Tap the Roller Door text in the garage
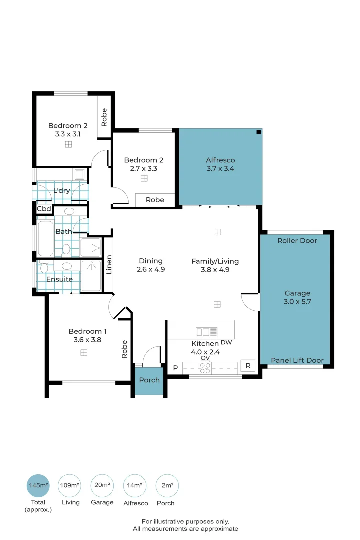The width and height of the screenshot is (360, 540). click(x=297, y=240)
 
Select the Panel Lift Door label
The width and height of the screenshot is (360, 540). click(x=297, y=360)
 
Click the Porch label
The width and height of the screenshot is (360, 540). click(x=149, y=380)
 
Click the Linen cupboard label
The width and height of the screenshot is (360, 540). click(x=109, y=265)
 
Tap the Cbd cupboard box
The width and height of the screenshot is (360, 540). click(x=44, y=209)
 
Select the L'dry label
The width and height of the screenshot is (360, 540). click(x=62, y=191)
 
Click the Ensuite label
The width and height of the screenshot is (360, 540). click(x=59, y=279)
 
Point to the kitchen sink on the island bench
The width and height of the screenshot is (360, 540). click(x=206, y=332)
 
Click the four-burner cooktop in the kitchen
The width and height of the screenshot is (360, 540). click(x=205, y=368)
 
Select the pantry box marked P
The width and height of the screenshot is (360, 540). click(x=175, y=368)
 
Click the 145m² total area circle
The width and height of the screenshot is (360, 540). click(x=38, y=485)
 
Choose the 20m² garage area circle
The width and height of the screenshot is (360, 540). click(x=102, y=485)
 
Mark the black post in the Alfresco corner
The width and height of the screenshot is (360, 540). click(x=258, y=132)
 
